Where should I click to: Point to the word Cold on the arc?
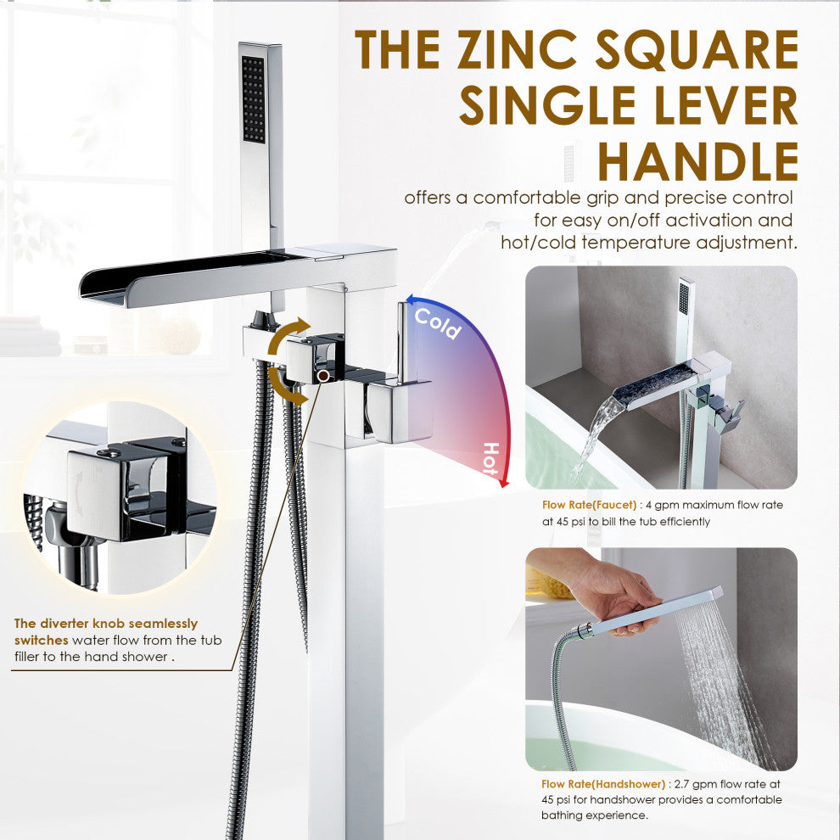pyautogui.click(x=438, y=322)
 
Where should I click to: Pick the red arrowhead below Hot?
pyautogui.click(x=503, y=484)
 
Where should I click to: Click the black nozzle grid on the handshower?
pyautogui.click(x=253, y=99)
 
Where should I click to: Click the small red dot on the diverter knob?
pyautogui.click(x=323, y=374)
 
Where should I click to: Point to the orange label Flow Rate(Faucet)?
pyautogui.click(x=585, y=505)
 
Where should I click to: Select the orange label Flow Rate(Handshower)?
pyautogui.click(x=596, y=785)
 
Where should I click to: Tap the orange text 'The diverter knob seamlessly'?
pyautogui.click(x=106, y=624)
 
